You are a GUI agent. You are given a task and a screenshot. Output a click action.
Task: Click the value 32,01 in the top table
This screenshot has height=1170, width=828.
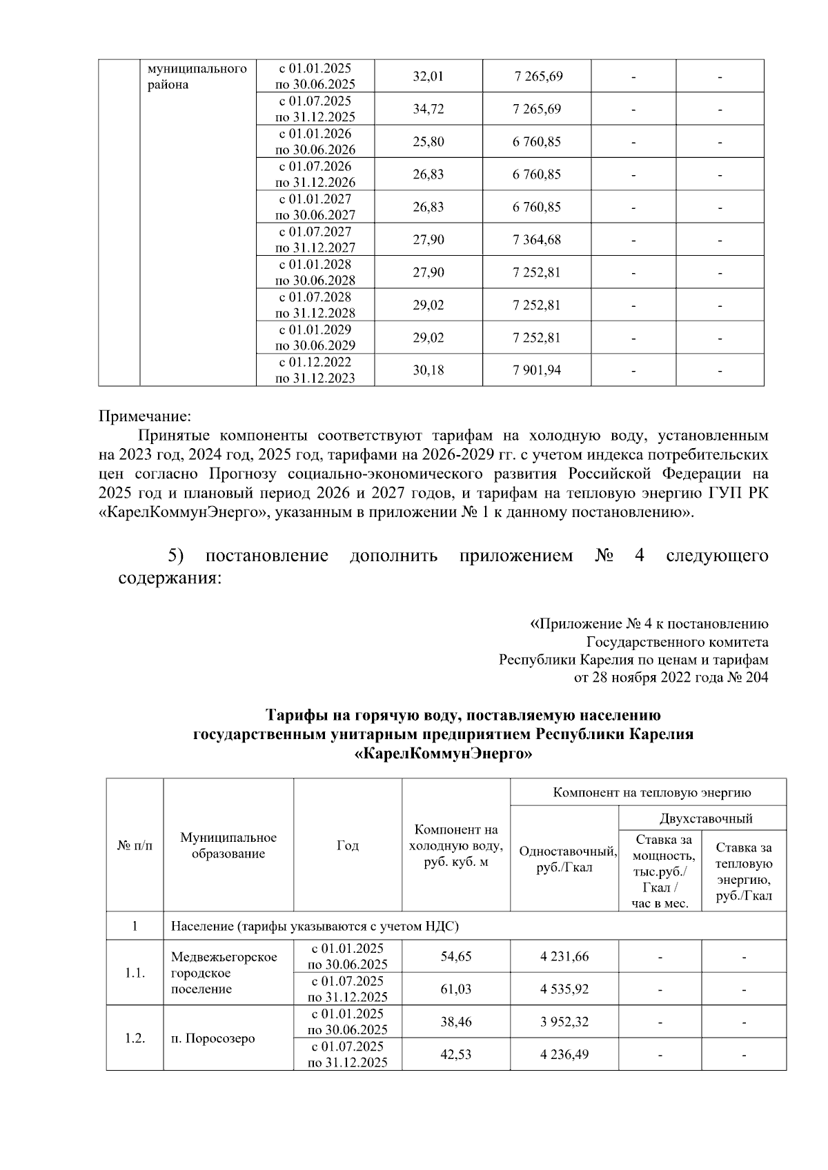click(x=428, y=76)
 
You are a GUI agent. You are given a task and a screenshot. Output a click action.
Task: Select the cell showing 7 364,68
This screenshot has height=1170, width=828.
click(x=536, y=240)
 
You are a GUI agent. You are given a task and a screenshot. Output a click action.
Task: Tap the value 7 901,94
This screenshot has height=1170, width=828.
click(x=536, y=370)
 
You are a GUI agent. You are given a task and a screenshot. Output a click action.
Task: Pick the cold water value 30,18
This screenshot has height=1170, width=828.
click(x=428, y=370)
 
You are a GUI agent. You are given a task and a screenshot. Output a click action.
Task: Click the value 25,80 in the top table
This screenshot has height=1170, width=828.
click(x=428, y=142)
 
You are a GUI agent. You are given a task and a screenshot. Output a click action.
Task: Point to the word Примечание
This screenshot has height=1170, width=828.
click(x=144, y=416)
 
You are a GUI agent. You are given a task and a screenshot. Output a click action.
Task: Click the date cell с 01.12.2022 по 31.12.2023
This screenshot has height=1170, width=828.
click(x=315, y=370)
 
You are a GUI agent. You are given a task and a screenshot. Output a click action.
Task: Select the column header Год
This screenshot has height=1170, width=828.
click(x=347, y=845)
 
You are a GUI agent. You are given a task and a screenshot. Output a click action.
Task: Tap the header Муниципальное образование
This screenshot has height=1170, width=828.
click(x=228, y=845)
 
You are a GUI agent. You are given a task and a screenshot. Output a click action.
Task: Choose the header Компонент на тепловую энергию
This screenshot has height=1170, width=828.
click(x=651, y=792)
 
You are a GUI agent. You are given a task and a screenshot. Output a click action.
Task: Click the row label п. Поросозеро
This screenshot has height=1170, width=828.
click(x=213, y=1038)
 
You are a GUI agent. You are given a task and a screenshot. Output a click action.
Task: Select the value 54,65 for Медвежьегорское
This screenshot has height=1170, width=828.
click(x=455, y=956)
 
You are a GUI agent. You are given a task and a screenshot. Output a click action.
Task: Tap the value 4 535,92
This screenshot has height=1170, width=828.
click(x=564, y=989)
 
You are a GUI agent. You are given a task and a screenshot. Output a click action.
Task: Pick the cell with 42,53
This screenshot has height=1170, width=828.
click(x=455, y=1055)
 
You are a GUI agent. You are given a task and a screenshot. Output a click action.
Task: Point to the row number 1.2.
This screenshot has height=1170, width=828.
click(x=135, y=1038)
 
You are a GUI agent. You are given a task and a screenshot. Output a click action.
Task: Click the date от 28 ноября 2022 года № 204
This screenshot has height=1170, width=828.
click(x=671, y=678)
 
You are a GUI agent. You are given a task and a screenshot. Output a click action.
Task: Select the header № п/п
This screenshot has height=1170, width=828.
click(x=135, y=845)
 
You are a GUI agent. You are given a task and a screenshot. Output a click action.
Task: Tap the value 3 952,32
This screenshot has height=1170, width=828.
click(x=564, y=1022)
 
